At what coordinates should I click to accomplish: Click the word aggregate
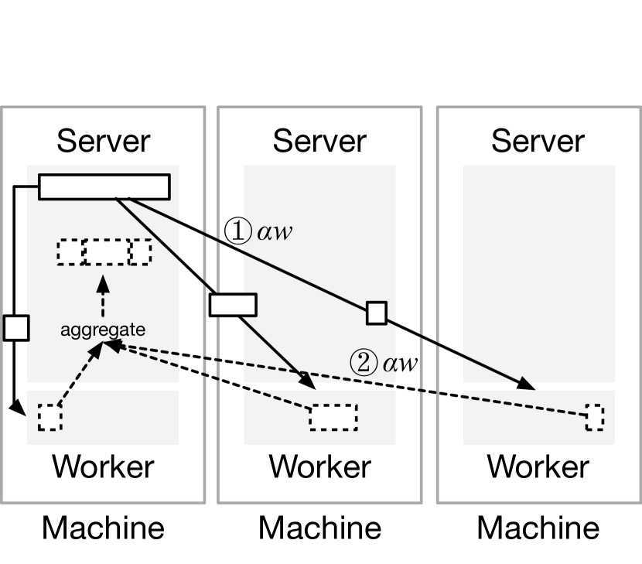[103, 330]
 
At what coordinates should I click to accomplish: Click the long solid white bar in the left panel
[104, 186]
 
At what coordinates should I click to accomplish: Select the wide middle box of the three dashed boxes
[106, 252]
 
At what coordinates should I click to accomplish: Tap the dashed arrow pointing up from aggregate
[102, 295]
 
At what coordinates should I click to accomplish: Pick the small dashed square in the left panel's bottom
[50, 418]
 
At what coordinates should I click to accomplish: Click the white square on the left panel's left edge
[16, 327]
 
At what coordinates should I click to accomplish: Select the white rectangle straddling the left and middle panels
[233, 305]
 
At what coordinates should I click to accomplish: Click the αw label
[274, 231]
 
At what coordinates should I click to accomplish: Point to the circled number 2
[364, 362]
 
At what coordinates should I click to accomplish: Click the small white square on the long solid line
[377, 313]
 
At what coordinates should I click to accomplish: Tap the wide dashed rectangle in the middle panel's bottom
[333, 416]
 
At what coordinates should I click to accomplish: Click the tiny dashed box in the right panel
[594, 416]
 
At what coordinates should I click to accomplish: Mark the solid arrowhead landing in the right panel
[528, 384]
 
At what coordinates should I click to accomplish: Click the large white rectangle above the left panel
[97, 39]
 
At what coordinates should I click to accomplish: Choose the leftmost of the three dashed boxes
[70, 252]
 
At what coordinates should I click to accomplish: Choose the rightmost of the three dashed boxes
[141, 252]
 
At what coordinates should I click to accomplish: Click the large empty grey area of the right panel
[539, 255]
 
